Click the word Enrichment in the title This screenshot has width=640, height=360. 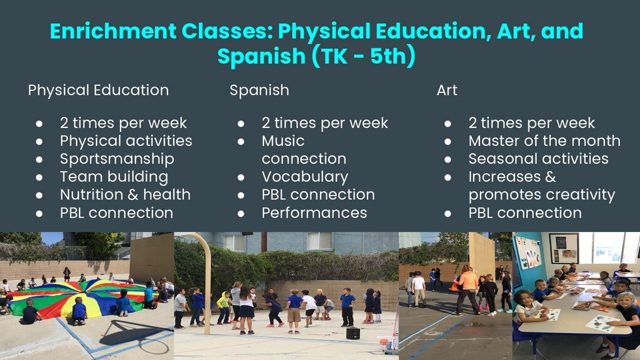click(113, 31)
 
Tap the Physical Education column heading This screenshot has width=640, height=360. click(99, 90)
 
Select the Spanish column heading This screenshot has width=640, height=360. click(259, 90)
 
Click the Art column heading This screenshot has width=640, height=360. click(447, 90)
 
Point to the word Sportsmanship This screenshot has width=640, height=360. click(117, 159)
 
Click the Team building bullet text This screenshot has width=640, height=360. click(114, 177)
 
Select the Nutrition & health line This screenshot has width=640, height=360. click(125, 194)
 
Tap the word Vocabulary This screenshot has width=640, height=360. click(305, 177)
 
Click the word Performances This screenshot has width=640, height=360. click(314, 213)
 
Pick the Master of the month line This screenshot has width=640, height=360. click(545, 141)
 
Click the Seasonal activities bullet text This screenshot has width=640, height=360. click(538, 159)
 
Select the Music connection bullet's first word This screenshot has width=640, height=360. click(283, 141)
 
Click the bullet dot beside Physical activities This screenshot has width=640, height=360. click(39, 142)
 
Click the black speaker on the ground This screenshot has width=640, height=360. click(353, 333)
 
